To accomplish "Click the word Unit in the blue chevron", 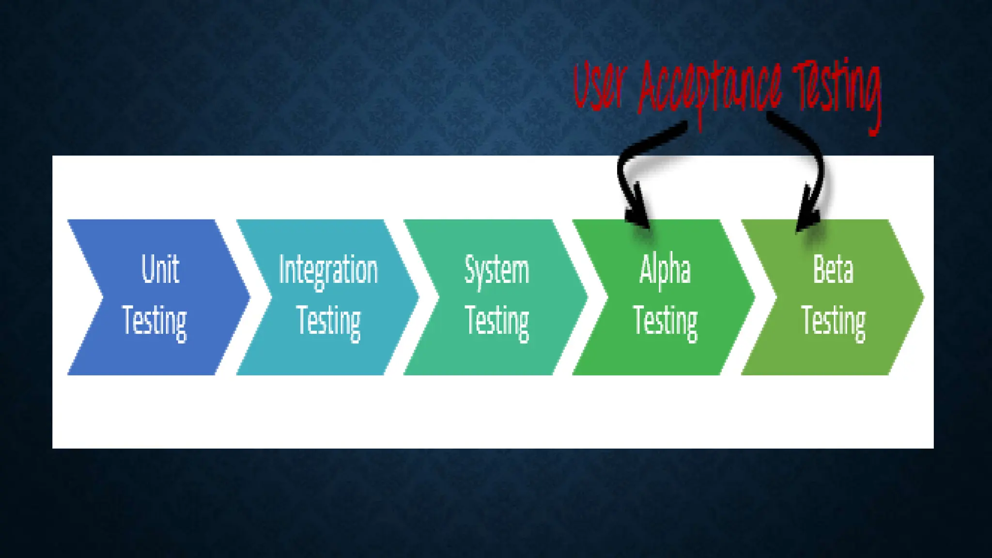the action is click(160, 269).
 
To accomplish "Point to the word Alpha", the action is click(665, 269).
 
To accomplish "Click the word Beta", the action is click(833, 269).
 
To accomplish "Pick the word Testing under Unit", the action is click(155, 321).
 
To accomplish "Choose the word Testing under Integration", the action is click(328, 321).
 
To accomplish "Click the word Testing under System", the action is click(497, 321).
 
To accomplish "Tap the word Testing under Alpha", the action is click(665, 321).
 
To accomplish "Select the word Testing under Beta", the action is click(833, 321).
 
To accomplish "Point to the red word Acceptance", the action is click(710, 90).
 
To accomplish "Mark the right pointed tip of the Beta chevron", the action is click(922, 297).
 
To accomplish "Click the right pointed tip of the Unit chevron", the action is click(249, 297).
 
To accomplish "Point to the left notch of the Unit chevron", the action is click(102, 297).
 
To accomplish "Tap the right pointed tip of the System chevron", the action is click(587, 297).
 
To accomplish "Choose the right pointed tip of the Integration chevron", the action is click(418, 297).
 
